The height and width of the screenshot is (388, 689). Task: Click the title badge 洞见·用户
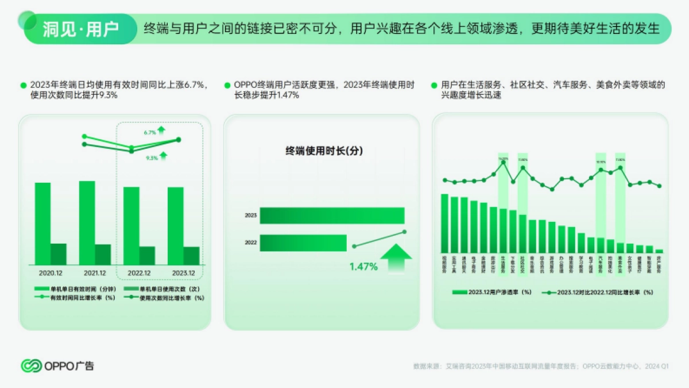click(x=80, y=29)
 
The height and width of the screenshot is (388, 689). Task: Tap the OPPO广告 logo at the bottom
click(x=57, y=366)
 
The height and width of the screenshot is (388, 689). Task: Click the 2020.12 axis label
click(x=51, y=273)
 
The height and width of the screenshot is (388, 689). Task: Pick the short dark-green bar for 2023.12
click(x=192, y=256)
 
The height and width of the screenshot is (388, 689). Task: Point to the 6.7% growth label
click(x=150, y=133)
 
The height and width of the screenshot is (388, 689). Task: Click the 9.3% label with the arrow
click(x=152, y=157)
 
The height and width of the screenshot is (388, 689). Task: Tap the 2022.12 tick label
click(x=139, y=273)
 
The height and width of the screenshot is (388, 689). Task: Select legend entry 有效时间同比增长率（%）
click(x=77, y=298)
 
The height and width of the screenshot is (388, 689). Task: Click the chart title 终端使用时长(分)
click(x=325, y=151)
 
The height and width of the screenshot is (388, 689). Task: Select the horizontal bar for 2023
click(x=332, y=216)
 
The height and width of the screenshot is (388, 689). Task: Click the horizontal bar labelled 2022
click(x=304, y=243)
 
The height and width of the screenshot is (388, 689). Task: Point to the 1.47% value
click(x=364, y=267)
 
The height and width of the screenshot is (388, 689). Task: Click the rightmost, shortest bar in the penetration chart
click(x=659, y=251)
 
